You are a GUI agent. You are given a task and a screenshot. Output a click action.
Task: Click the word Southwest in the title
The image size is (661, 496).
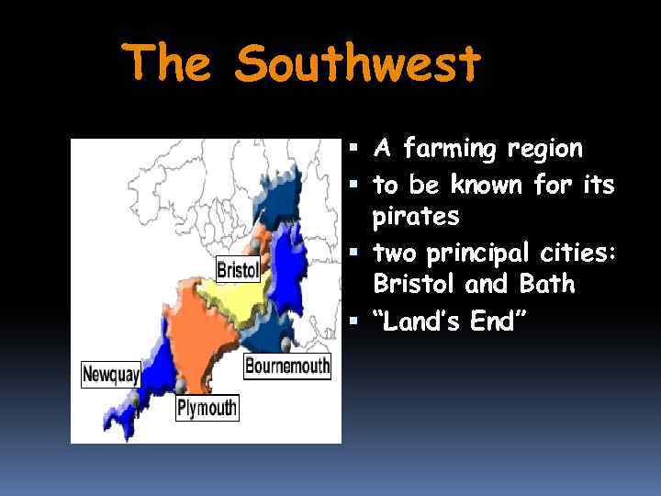[357, 62]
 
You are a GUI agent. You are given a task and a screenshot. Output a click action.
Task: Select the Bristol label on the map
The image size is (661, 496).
[237, 269]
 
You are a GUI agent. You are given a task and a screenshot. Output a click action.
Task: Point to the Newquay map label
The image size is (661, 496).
[110, 374]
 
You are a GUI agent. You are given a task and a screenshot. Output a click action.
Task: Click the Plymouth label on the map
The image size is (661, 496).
[207, 407]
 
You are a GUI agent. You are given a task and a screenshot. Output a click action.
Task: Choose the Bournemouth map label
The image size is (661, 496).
[287, 366]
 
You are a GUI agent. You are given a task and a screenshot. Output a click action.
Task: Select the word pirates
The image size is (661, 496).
[415, 218]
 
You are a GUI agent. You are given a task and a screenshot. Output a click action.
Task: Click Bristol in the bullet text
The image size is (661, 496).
[413, 285]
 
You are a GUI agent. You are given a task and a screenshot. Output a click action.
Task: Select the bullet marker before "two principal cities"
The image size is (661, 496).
[357, 251]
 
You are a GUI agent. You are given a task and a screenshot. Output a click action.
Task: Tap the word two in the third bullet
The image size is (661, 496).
[394, 252]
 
